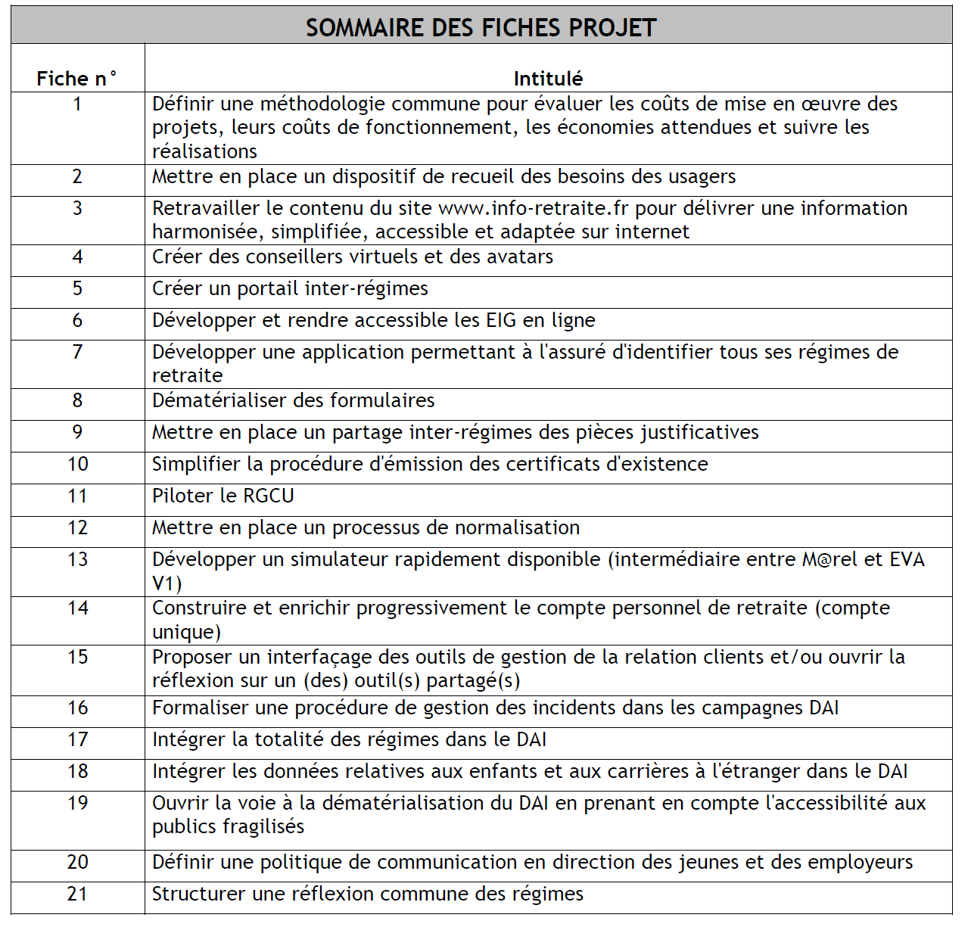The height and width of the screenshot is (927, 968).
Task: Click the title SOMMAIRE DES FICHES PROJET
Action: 481,28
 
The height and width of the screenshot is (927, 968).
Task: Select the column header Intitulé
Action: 548,79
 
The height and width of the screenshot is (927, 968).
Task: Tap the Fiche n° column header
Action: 77,79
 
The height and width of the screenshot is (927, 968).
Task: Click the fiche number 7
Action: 77,352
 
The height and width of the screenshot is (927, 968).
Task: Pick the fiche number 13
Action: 77,559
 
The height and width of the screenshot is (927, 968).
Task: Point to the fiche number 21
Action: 77,894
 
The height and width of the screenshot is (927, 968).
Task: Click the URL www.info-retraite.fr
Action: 534,208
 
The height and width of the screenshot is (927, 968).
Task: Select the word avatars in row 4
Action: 520,257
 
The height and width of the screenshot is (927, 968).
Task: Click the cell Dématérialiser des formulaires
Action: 294,400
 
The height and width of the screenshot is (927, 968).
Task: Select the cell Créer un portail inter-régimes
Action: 290,288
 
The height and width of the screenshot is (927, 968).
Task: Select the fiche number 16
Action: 77,708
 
